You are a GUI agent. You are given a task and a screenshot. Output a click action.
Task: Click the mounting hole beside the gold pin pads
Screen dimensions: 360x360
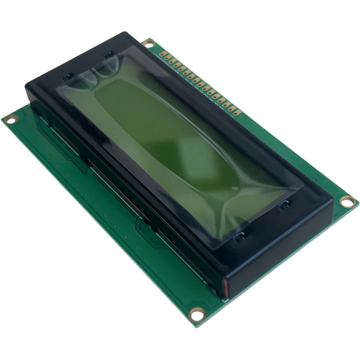[149, 43]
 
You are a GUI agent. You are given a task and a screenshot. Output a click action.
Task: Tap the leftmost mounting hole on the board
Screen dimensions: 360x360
[11, 119]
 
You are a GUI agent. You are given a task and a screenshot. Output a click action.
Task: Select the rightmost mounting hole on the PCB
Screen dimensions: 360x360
[346, 202]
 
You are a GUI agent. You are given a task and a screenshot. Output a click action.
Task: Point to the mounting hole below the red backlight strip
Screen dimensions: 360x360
[196, 313]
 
